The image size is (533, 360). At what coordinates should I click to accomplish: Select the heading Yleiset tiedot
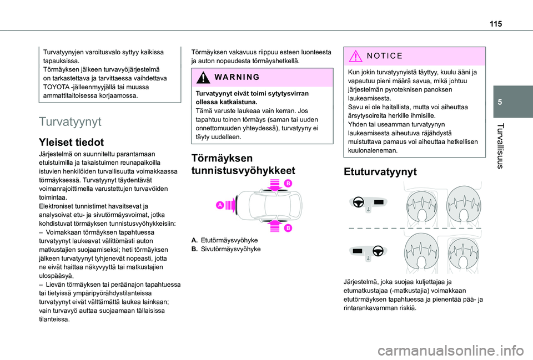[71, 142]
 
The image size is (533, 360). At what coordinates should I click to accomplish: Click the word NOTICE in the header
[382, 57]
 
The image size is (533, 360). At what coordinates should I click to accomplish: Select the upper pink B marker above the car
[289, 183]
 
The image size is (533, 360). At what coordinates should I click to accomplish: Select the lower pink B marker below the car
[289, 227]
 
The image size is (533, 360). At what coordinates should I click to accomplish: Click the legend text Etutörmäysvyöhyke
[229, 240]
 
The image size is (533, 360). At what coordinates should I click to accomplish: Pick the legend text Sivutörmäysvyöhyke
[230, 249]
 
